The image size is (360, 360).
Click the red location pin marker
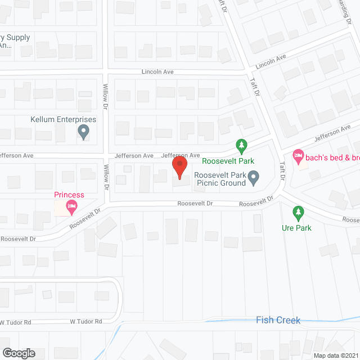click(179, 167)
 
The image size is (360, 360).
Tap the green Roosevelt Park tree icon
click(241, 147)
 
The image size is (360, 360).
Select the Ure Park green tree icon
click(298, 213)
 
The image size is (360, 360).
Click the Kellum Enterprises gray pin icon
click(84, 133)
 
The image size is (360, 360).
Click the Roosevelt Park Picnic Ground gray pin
click(254, 178)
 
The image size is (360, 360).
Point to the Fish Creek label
click(278, 321)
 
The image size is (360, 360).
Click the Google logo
click(18, 353)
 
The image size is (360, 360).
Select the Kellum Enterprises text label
click(63, 120)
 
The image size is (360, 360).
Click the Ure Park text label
click(296, 228)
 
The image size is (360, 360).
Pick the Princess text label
click(69, 195)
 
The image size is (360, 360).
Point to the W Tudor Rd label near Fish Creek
click(85, 322)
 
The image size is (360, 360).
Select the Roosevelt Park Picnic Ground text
click(220, 179)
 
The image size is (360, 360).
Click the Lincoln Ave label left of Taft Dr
click(157, 72)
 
